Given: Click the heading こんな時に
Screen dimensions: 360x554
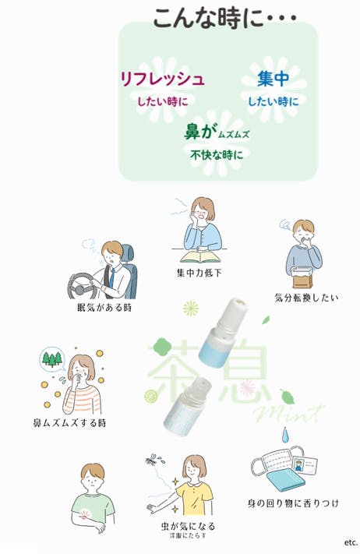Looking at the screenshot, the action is [208, 18].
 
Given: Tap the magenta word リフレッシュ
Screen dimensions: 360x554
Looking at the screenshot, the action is [163, 79].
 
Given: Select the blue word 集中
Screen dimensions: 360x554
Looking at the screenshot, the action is [273, 79].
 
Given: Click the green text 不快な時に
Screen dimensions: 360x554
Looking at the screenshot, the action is [217, 155].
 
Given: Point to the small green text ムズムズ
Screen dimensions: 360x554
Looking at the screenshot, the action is [234, 134].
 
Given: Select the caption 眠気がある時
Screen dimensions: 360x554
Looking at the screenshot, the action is [104, 307].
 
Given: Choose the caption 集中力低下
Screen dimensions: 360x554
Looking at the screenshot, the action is [199, 273].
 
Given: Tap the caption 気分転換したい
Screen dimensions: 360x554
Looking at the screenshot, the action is [307, 298].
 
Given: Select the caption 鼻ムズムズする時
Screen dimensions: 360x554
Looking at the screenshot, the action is [69, 422].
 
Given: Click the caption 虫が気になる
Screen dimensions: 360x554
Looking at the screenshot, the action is [188, 526].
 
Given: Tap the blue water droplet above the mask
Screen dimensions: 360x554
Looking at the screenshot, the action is [285, 435].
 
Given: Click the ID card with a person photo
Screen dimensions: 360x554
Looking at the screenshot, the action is [305, 465].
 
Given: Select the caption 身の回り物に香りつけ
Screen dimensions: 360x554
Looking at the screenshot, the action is [293, 503].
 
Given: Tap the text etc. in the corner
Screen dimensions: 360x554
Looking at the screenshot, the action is [351, 542].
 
